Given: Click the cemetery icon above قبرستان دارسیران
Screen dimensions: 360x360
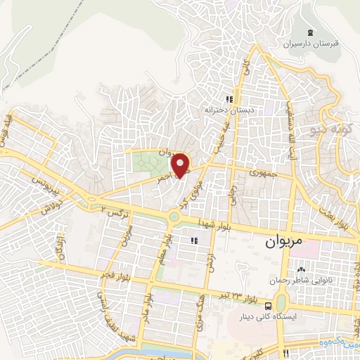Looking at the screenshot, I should pos(311,32).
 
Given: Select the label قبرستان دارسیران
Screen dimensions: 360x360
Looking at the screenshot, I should pos(311,43).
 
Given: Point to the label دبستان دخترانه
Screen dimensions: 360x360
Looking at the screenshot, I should pos(228,110).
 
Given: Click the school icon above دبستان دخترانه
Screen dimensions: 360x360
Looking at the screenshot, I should pos(228,100).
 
